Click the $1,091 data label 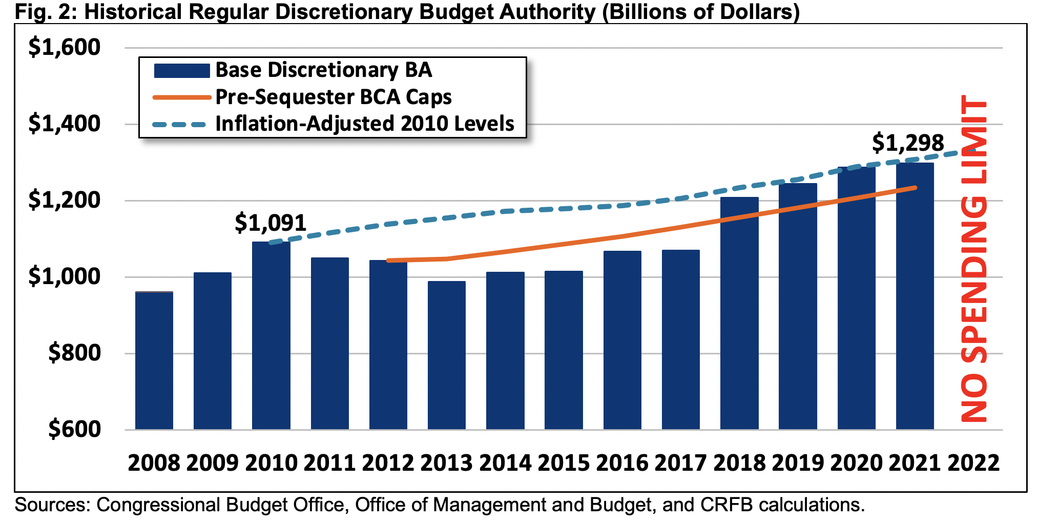[271, 223]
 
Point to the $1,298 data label [908, 143]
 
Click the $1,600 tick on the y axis [65, 48]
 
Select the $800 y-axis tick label [75, 353]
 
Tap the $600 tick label [75, 429]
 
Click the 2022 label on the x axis [973, 463]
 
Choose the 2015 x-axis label [564, 463]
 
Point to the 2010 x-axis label [271, 463]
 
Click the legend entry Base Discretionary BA [323, 70]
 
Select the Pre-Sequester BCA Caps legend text [334, 97]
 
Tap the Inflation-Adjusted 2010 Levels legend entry [365, 124]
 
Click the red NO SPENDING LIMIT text [974, 259]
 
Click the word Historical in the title [134, 11]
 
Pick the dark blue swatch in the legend [182, 71]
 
